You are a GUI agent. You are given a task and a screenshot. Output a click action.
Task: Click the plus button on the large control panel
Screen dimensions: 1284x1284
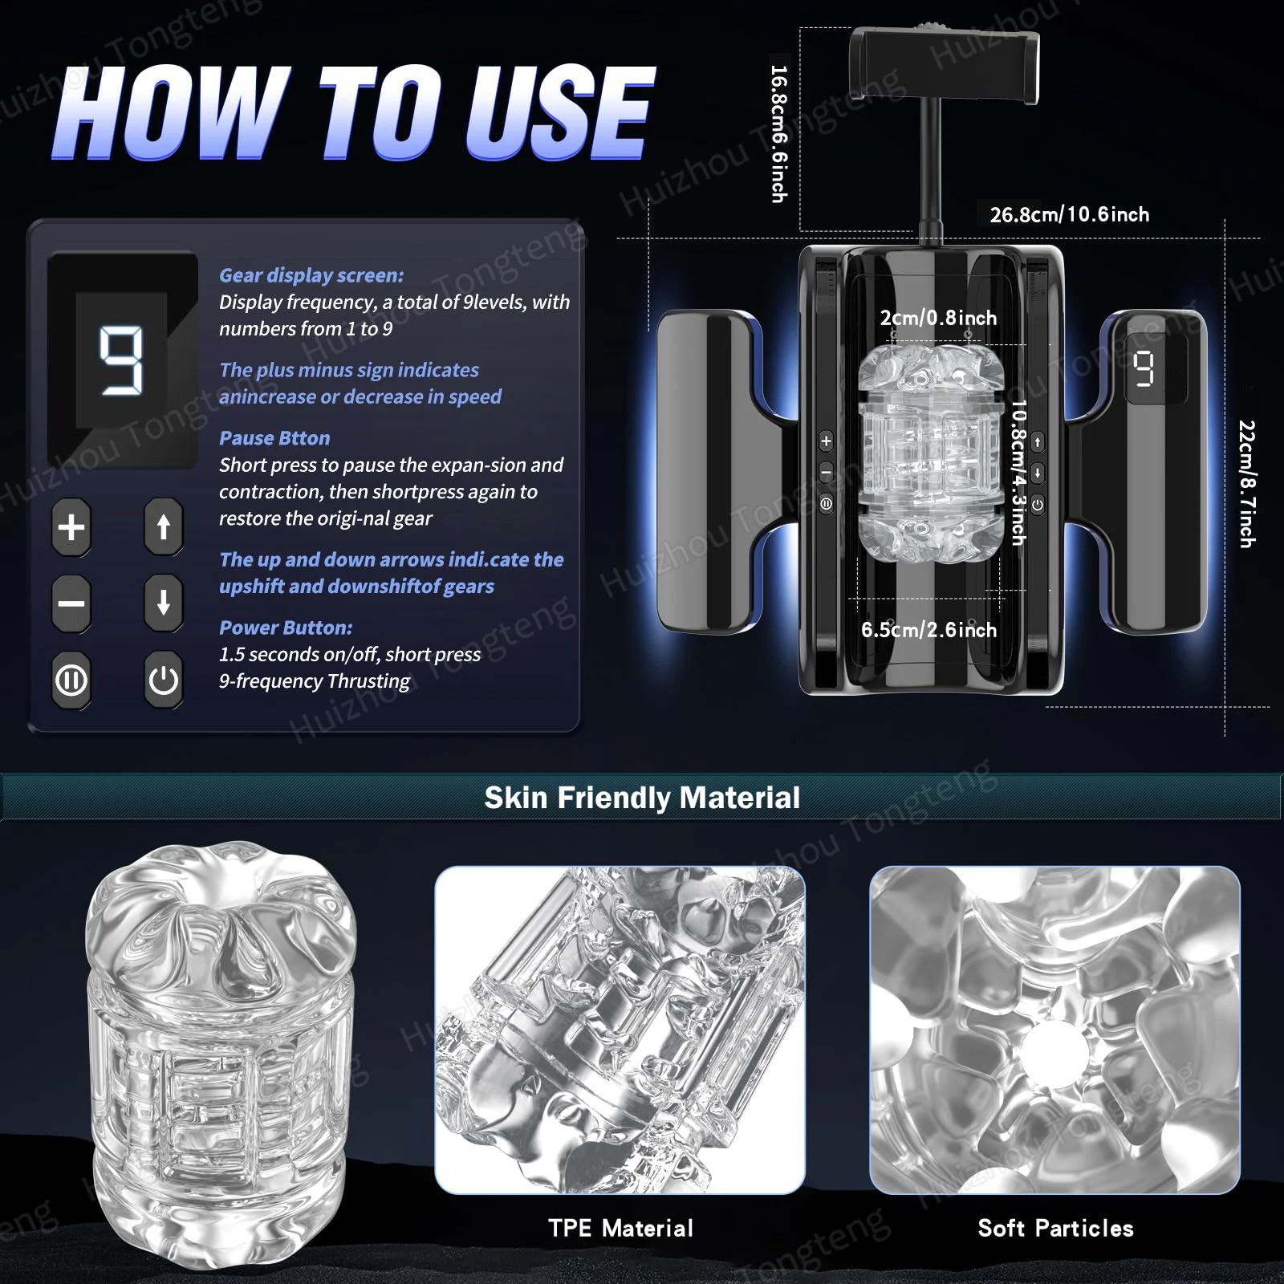tap(71, 527)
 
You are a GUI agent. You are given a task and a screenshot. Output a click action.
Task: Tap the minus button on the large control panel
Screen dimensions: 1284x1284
tap(71, 603)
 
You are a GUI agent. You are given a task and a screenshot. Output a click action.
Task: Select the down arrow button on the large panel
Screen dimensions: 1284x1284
tap(164, 603)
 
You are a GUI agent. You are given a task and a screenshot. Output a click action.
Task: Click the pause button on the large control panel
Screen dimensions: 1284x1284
tap(71, 681)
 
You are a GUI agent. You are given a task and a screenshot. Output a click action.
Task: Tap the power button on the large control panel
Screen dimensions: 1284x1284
tap(164, 681)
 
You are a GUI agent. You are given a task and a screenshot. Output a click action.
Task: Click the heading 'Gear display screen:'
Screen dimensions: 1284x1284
tap(311, 275)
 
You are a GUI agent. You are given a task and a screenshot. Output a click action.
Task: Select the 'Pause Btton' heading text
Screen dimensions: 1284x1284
tap(274, 438)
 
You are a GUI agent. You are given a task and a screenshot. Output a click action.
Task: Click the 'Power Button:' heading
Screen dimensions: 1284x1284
tap(286, 628)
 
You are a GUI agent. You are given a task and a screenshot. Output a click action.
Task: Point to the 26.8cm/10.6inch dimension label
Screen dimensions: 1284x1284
tap(1069, 215)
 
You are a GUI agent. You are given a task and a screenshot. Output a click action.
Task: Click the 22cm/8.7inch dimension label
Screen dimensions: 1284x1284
tap(1246, 484)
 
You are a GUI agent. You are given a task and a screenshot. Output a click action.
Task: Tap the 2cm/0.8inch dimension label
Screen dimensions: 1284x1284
tap(938, 318)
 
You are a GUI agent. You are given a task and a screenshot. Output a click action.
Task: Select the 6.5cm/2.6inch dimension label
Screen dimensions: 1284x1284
tap(928, 630)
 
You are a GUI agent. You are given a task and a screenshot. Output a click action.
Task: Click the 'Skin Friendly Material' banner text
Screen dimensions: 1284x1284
tap(642, 798)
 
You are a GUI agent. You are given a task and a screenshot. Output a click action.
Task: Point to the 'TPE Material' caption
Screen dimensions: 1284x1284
tap(620, 1228)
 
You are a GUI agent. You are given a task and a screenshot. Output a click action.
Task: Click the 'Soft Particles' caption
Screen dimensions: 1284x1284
tap(1055, 1228)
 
